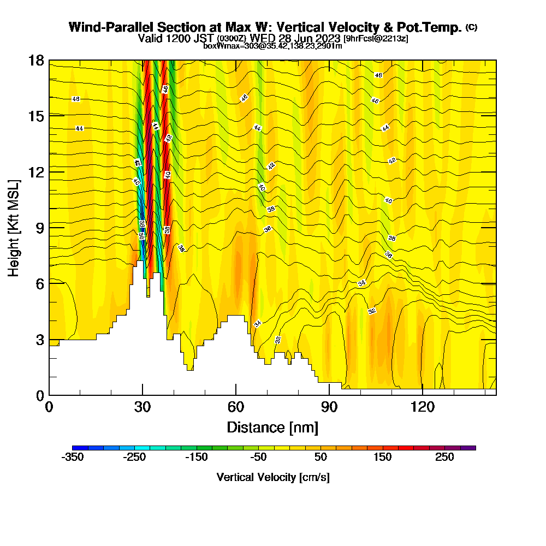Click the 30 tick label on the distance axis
(x=143, y=407)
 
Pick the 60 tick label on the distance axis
(x=236, y=407)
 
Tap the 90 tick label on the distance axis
(x=329, y=407)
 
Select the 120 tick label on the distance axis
(x=423, y=407)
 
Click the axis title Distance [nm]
(x=272, y=426)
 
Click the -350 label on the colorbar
(x=73, y=458)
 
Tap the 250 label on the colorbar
(x=444, y=458)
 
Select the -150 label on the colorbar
(x=197, y=458)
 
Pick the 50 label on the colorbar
(x=321, y=458)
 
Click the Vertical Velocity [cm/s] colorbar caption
(x=273, y=477)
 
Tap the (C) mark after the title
(x=471, y=27)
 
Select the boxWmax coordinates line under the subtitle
(x=272, y=46)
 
